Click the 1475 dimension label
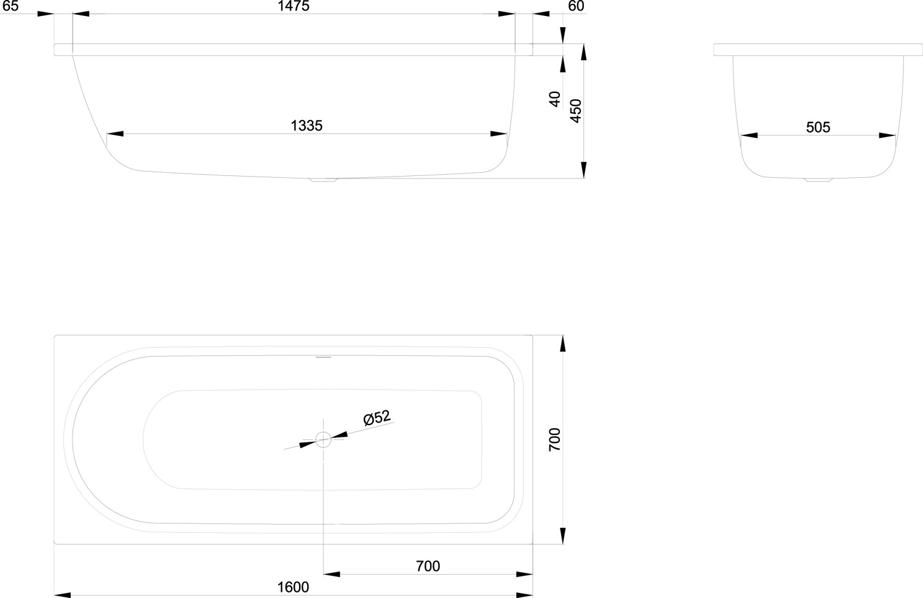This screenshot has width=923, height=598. [294, 6]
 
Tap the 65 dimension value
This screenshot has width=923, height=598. [10, 6]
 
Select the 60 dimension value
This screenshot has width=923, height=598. [576, 6]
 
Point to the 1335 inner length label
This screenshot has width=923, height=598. [306, 126]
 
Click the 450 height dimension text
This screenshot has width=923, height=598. [575, 111]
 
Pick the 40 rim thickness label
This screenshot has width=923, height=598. [555, 99]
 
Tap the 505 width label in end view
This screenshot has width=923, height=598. [818, 127]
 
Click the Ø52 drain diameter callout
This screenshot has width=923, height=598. [377, 418]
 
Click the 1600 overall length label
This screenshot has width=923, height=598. [293, 587]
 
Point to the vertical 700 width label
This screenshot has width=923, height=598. [555, 439]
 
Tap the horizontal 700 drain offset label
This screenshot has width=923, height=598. [428, 566]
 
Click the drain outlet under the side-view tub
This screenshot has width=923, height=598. [324, 180]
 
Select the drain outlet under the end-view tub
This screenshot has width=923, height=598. [818, 180]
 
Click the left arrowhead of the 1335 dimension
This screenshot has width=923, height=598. [115, 134]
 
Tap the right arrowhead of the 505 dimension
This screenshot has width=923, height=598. [887, 135]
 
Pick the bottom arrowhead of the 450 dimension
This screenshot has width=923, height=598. [583, 170]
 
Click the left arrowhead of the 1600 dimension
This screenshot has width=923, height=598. [62, 595]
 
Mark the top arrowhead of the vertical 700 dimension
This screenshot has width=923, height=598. [563, 343]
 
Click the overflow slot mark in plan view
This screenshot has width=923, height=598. [324, 357]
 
